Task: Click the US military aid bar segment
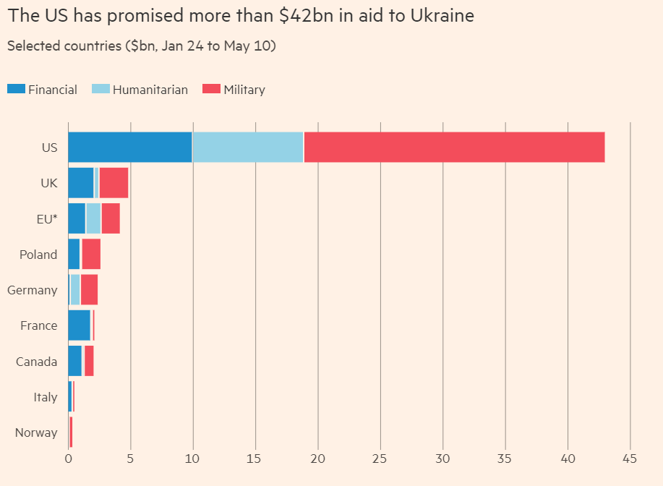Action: [x=454, y=148]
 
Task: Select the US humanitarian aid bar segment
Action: [x=248, y=148]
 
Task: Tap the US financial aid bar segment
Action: [x=130, y=148]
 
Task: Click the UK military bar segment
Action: [x=114, y=183]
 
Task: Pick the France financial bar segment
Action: [x=80, y=325]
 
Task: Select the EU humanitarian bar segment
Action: [x=93, y=218]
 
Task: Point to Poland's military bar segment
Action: [x=91, y=254]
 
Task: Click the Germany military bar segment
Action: [x=89, y=290]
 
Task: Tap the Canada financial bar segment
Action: [x=75, y=361]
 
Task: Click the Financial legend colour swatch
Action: [x=16, y=90]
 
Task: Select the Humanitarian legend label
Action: [x=150, y=90]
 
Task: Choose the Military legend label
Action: [x=244, y=90]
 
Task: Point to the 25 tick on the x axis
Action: [x=380, y=458]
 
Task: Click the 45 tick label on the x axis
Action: [x=630, y=458]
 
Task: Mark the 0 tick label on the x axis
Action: [x=69, y=458]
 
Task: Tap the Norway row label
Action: [x=36, y=432]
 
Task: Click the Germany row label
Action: [x=33, y=290]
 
